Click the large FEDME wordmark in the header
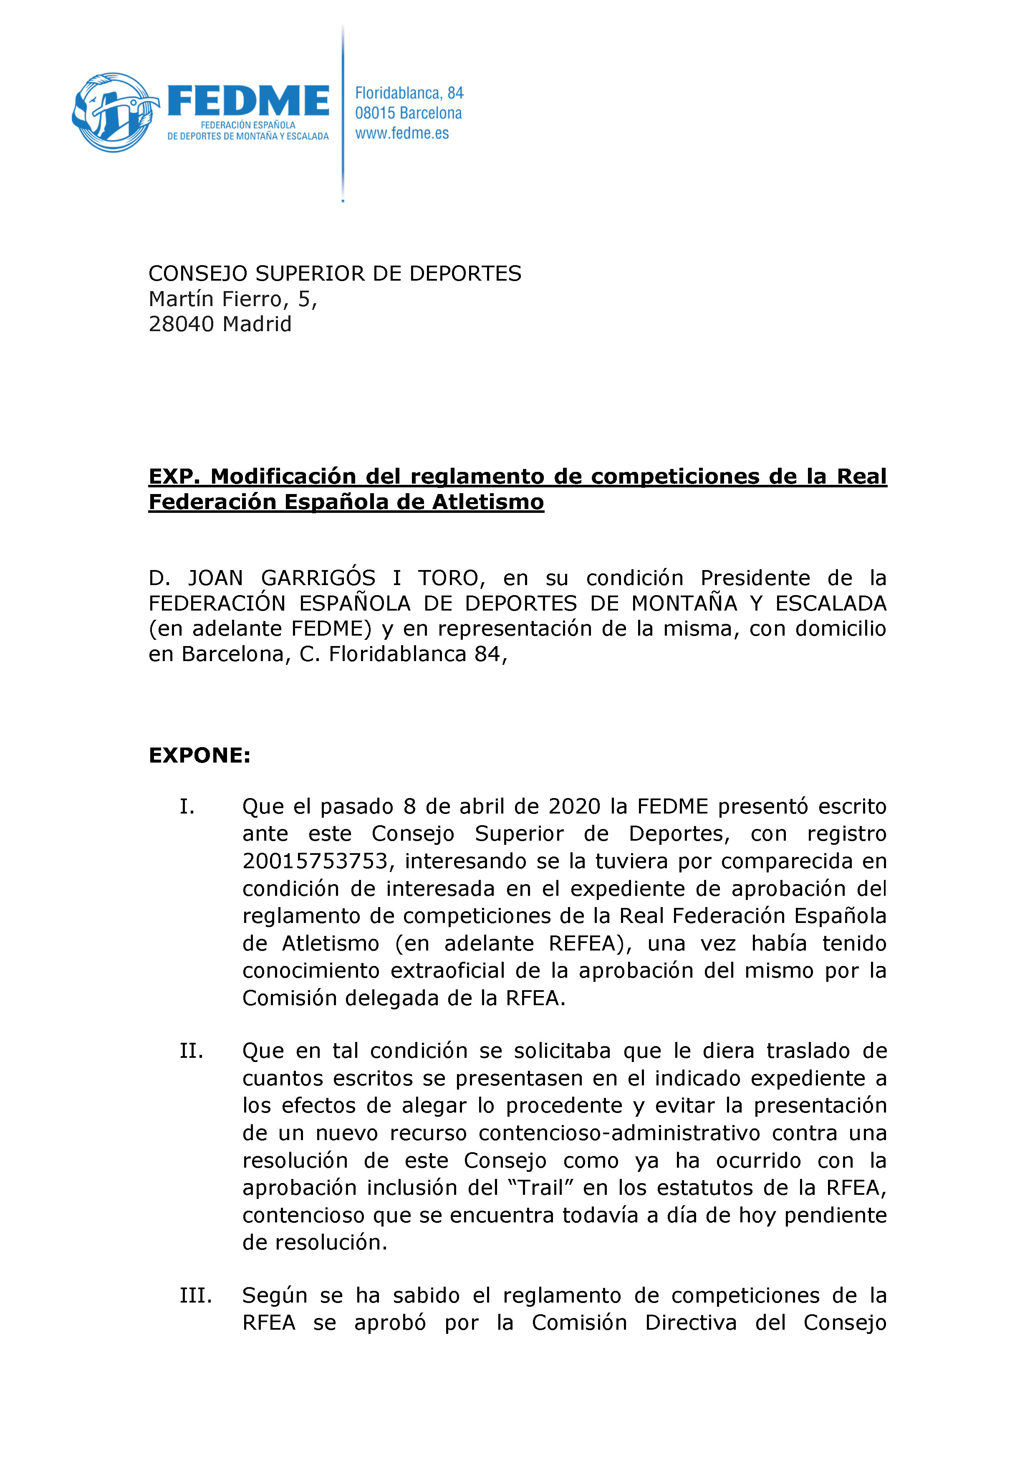pyautogui.click(x=248, y=101)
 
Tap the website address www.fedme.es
pyautogui.click(x=402, y=133)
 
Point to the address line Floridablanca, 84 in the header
pyautogui.click(x=409, y=93)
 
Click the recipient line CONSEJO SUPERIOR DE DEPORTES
pyautogui.click(x=334, y=274)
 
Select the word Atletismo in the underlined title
pyautogui.click(x=488, y=502)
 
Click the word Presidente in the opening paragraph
pyautogui.click(x=755, y=578)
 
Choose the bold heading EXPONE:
pyautogui.click(x=199, y=755)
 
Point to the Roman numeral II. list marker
pyautogui.click(x=191, y=1051)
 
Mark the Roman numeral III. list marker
pyautogui.click(x=195, y=1295)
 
